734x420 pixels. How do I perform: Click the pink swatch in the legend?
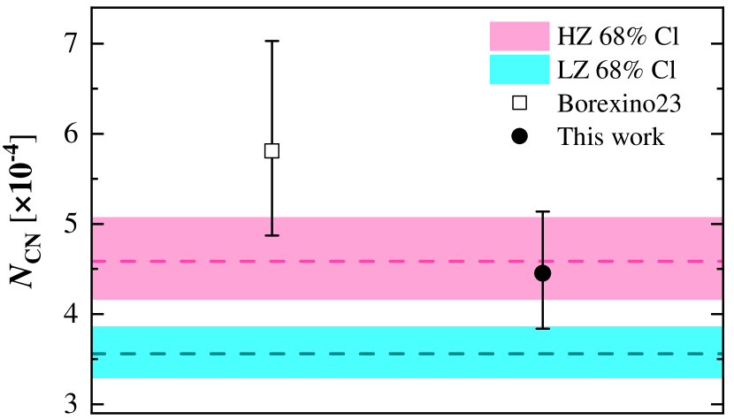tap(520, 36)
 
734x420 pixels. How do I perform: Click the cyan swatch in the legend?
tap(520, 69)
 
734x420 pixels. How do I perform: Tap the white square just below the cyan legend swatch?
tap(519, 103)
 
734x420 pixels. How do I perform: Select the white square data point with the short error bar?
tap(271, 151)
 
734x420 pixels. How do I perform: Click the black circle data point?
tap(542, 273)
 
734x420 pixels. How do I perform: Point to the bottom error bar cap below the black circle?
tap(542, 328)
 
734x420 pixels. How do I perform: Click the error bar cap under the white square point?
tap(271, 235)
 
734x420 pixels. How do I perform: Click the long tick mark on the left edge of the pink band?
tap(98, 224)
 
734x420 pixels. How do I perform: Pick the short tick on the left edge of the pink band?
tap(96, 269)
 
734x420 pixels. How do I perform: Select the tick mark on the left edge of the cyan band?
tap(96, 359)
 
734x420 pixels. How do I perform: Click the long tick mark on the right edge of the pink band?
tap(716, 224)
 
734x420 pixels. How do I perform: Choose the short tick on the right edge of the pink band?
tap(719, 269)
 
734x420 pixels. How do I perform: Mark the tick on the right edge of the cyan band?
tap(719, 359)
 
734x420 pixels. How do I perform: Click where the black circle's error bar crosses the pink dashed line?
tap(542, 261)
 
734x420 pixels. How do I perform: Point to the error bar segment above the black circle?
tap(542, 239)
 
